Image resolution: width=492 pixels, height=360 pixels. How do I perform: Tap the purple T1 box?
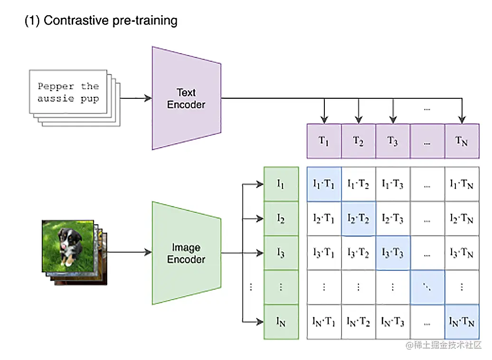pyautogui.click(x=324, y=141)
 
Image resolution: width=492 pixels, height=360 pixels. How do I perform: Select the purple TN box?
pyautogui.click(x=461, y=141)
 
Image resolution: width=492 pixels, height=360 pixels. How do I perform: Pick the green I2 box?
pyautogui.click(x=281, y=218)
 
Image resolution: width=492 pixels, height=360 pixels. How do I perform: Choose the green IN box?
pyautogui.click(x=281, y=322)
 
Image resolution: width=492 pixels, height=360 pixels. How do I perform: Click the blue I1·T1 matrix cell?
pyautogui.click(x=324, y=184)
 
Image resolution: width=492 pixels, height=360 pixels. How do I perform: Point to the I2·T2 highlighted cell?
pyautogui.click(x=358, y=218)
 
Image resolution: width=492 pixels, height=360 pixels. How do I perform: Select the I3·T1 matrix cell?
pyautogui.click(x=324, y=253)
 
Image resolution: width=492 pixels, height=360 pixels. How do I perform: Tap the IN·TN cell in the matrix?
pyautogui.click(x=461, y=322)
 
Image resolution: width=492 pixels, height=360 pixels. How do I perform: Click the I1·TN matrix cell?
pyautogui.click(x=461, y=184)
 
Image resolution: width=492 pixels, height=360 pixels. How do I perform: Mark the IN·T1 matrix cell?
pyautogui.click(x=324, y=322)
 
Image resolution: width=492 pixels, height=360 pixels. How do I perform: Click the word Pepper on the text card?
pyautogui.click(x=56, y=86)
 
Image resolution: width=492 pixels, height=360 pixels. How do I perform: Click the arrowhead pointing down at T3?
pyautogui.click(x=393, y=119)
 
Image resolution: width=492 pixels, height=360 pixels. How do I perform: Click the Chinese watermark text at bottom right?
pyautogui.click(x=444, y=345)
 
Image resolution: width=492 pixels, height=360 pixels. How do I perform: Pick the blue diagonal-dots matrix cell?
pyautogui.click(x=427, y=287)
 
